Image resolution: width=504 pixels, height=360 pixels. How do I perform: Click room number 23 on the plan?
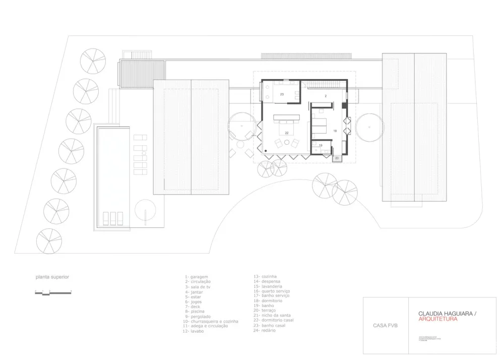282,94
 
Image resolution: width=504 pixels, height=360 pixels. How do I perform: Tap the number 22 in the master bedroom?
286,133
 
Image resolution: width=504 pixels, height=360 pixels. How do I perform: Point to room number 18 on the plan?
335,131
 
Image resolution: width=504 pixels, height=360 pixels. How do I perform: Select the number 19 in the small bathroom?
321,145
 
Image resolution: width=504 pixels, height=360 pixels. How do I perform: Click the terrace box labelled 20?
337,158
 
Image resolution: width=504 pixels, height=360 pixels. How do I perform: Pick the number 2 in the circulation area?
326,95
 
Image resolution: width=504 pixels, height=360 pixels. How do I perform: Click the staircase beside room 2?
323,84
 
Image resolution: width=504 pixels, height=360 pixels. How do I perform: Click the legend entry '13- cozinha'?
265,276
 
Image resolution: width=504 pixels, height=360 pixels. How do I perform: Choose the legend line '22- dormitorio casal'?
275,320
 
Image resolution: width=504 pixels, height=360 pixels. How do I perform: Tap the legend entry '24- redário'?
266,330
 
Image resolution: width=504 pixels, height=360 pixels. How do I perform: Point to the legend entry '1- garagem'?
197,277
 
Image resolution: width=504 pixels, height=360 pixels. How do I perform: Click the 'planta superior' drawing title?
52,277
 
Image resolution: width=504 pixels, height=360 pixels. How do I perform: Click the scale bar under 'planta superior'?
53,292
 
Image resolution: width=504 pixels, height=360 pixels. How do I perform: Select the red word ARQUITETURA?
437,319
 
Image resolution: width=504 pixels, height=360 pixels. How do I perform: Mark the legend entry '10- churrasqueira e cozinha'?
211,322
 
